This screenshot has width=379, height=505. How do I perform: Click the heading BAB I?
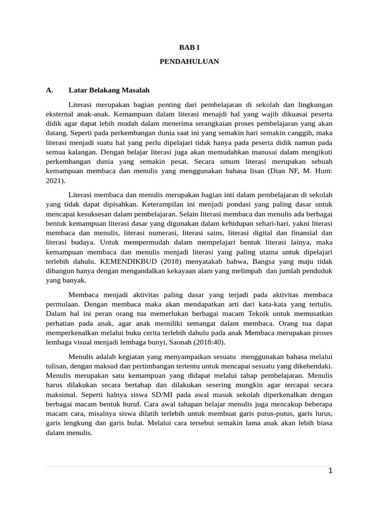pos(189,47)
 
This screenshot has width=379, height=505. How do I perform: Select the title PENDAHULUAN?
pos(189,62)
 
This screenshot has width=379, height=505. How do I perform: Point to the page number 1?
pos(331,471)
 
